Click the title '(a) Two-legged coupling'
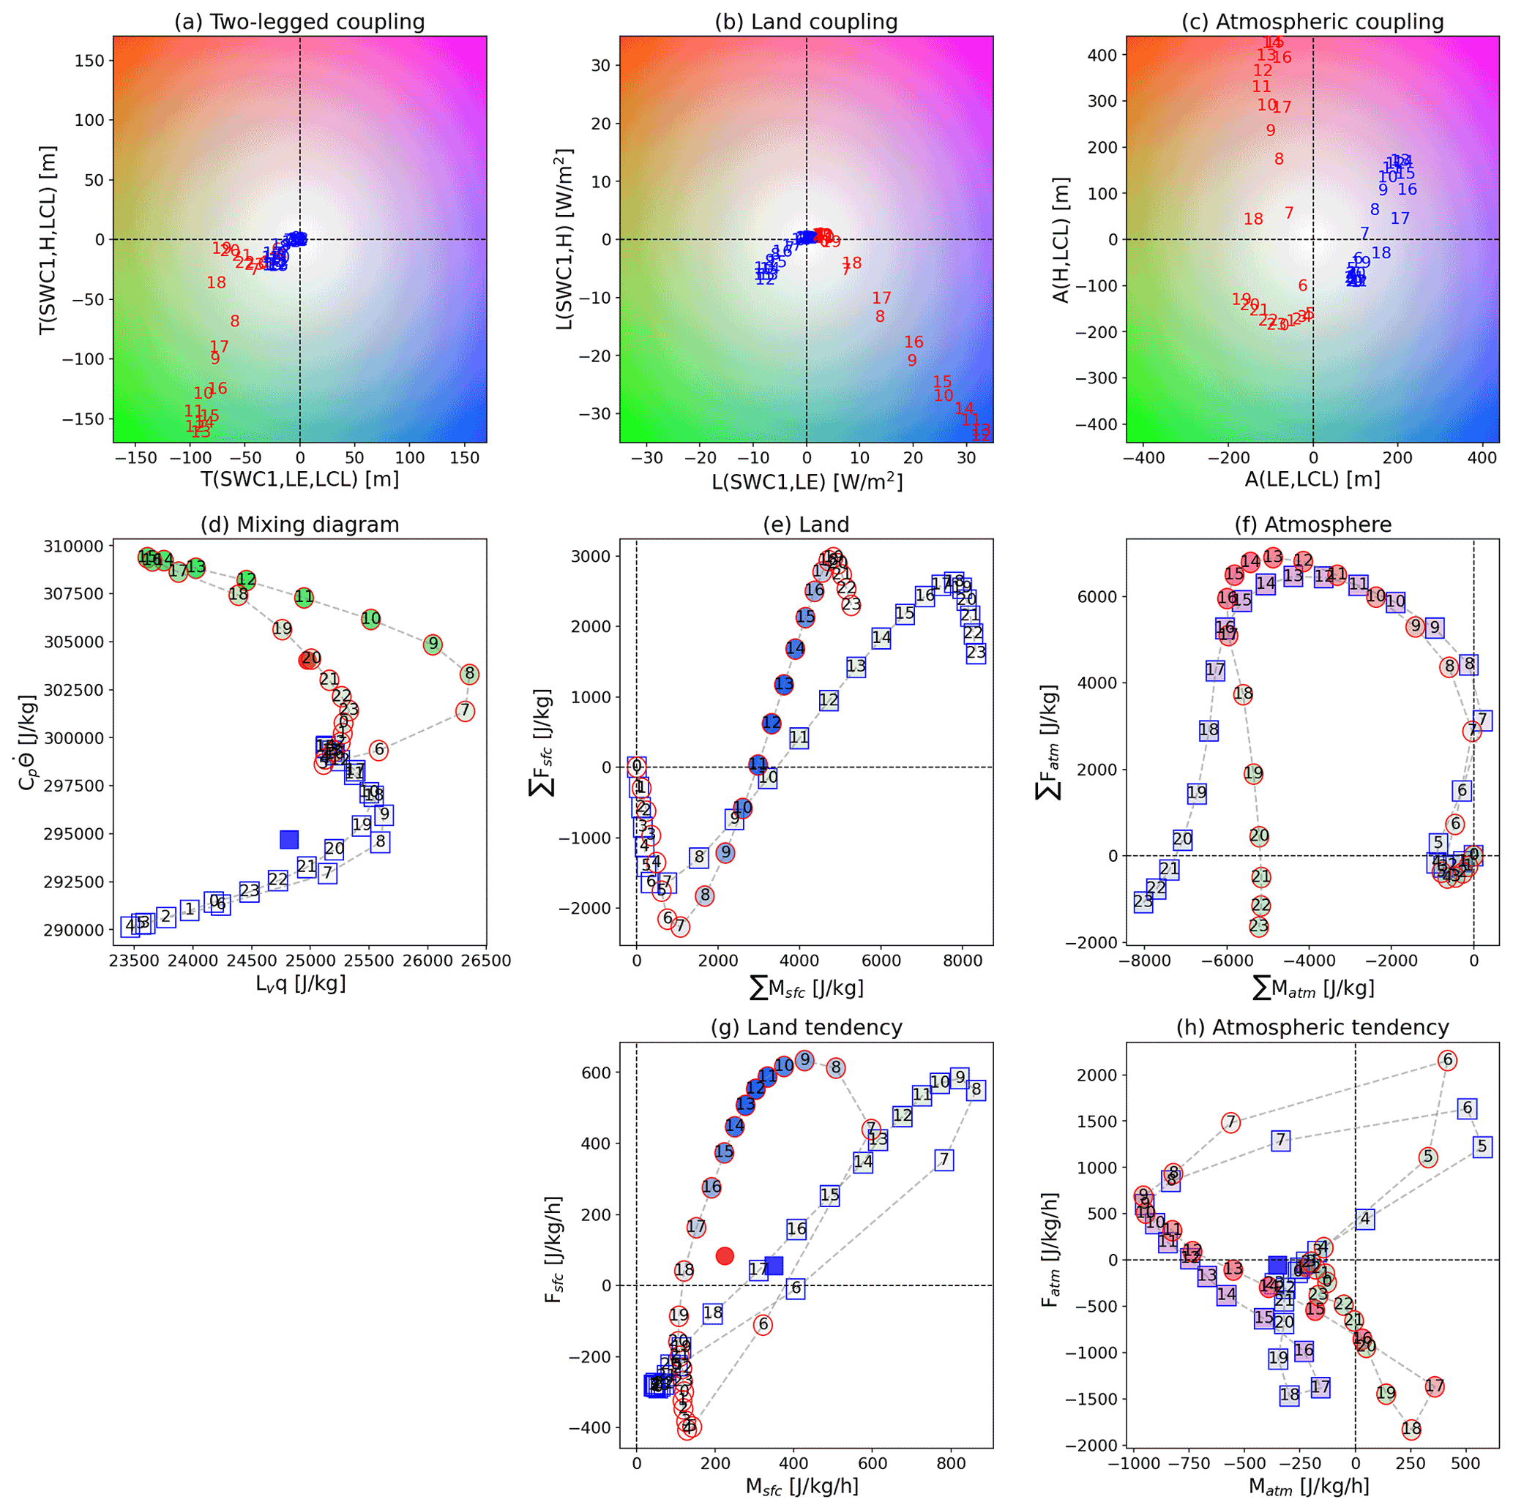pos(299,22)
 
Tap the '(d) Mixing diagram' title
pos(299,525)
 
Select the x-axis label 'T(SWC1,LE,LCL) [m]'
pos(300,478)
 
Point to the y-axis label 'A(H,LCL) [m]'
pos(1061,238)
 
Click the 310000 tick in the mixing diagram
pos(71,546)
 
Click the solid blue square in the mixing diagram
pos(289,839)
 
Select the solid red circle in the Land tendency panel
pos(725,1255)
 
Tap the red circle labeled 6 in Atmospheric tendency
pos(1447,1061)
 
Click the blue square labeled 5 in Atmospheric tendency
pos(1482,1147)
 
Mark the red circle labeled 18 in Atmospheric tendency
pos(1411,1430)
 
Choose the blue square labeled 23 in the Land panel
pos(976,653)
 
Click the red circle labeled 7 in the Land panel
pos(680,927)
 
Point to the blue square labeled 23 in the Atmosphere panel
pos(1143,901)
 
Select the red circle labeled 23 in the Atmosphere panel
pos(1258,926)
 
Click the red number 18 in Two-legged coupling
pos(216,282)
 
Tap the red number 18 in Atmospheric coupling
pos(1253,219)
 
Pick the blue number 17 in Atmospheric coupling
pos(1400,219)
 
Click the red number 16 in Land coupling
pos(914,342)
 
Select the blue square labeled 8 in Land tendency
pos(976,1089)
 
